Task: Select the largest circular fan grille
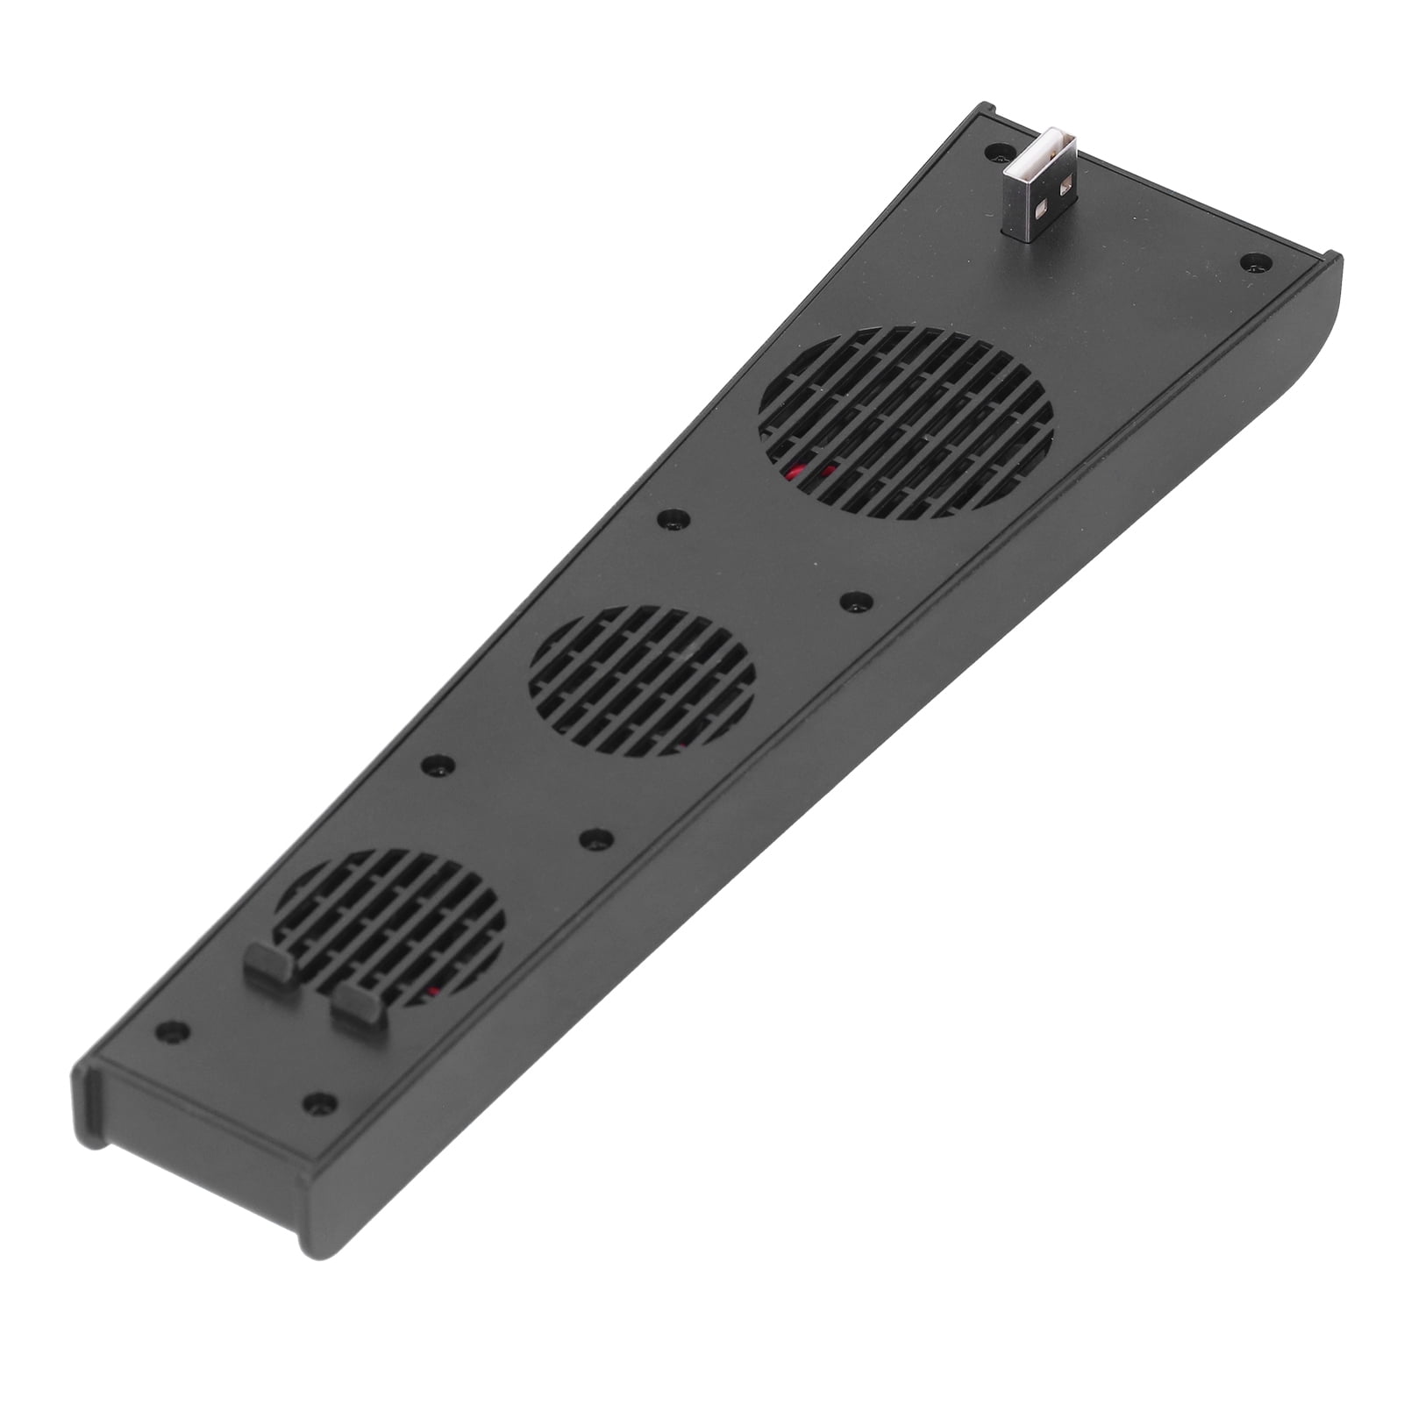(906, 424)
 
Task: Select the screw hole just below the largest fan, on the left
(673, 519)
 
